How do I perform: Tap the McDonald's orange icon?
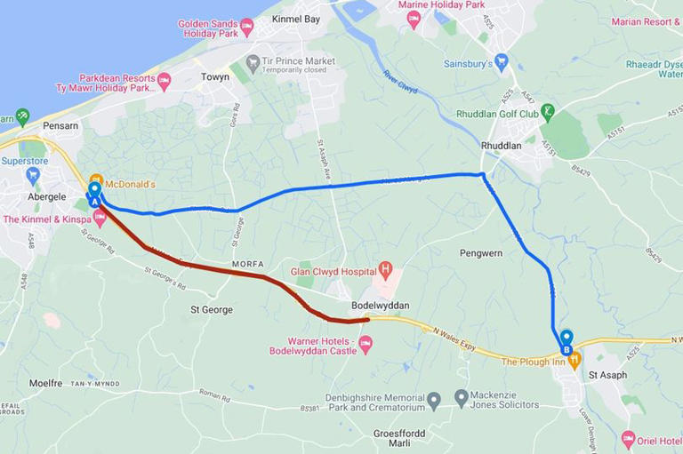click(97, 179)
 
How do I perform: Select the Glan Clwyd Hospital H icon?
click(385, 268)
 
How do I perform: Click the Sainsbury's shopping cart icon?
click(502, 63)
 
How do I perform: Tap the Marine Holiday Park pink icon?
click(414, 19)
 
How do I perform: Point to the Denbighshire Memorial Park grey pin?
click(433, 401)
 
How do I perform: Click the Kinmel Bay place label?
click(296, 19)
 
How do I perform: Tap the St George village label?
click(212, 309)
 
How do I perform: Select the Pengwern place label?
click(481, 253)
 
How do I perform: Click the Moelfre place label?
click(45, 383)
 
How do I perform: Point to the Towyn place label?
click(214, 77)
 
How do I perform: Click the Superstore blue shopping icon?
click(33, 175)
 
